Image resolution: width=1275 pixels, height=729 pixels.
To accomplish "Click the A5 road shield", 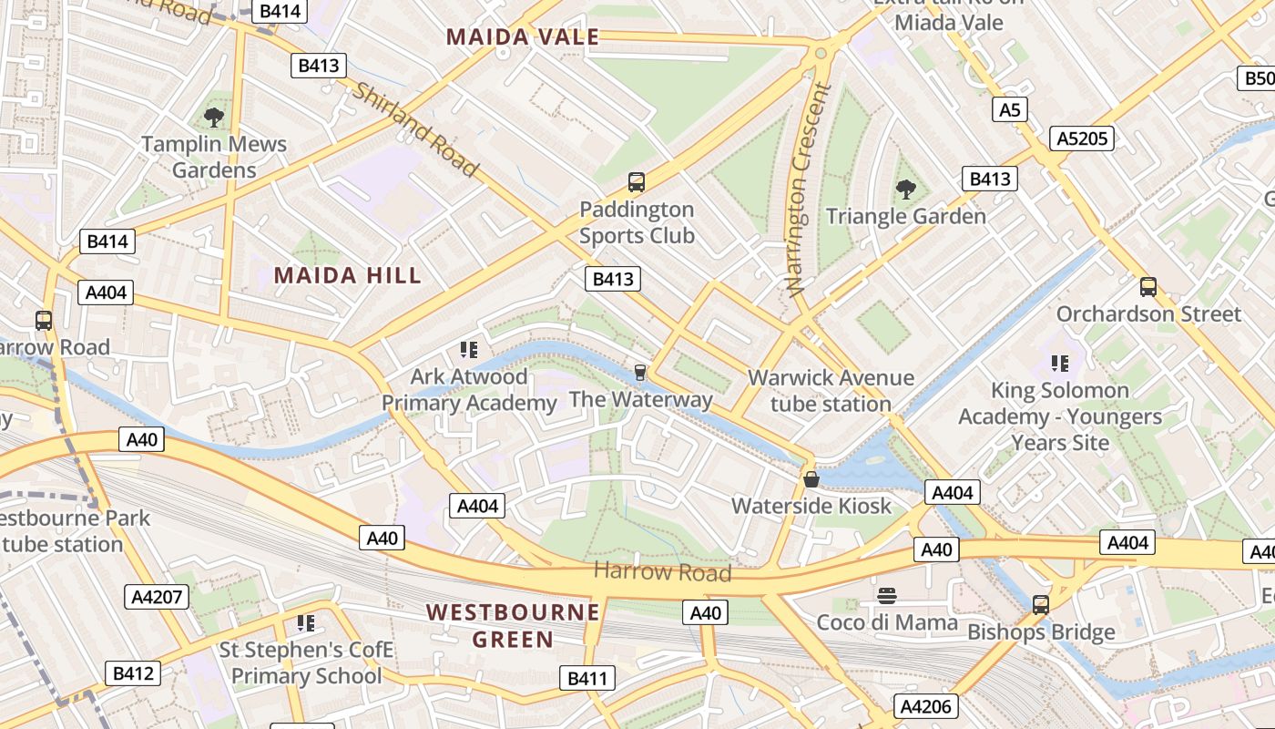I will point(1009,110).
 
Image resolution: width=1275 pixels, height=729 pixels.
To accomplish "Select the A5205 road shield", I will point(1082,139).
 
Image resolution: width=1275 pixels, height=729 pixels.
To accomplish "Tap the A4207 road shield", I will point(157,597).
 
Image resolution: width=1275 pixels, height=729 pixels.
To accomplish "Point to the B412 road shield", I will point(133,673).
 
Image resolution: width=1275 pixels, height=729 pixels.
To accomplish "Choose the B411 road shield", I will point(586,678).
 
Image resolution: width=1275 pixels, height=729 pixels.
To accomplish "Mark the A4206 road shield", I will point(925,706).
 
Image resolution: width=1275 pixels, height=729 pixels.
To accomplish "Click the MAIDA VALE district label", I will point(523,37).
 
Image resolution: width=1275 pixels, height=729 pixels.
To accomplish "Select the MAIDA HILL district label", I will point(348,275).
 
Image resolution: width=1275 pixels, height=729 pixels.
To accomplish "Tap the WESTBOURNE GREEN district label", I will point(514,625).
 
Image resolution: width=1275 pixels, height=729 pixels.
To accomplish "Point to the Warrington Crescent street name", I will point(810,190).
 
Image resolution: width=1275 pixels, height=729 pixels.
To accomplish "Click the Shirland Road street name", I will point(415,130).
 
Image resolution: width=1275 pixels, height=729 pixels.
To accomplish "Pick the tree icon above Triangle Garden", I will point(905,189).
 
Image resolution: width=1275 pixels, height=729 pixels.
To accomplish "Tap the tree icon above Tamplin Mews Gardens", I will point(214,117).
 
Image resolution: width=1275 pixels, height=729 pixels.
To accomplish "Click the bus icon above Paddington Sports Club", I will point(637,182).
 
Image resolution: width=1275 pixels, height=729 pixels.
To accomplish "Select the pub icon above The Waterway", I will point(640,372).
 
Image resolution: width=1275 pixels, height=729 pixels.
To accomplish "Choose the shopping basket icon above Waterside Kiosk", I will point(811,478).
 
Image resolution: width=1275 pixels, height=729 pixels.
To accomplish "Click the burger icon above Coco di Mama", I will point(887,596).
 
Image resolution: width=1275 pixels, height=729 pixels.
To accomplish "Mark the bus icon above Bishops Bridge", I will point(1040,604).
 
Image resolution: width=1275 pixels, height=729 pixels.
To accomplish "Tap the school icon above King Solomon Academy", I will point(1059,364).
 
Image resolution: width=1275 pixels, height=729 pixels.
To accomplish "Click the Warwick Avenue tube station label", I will point(831,390).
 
